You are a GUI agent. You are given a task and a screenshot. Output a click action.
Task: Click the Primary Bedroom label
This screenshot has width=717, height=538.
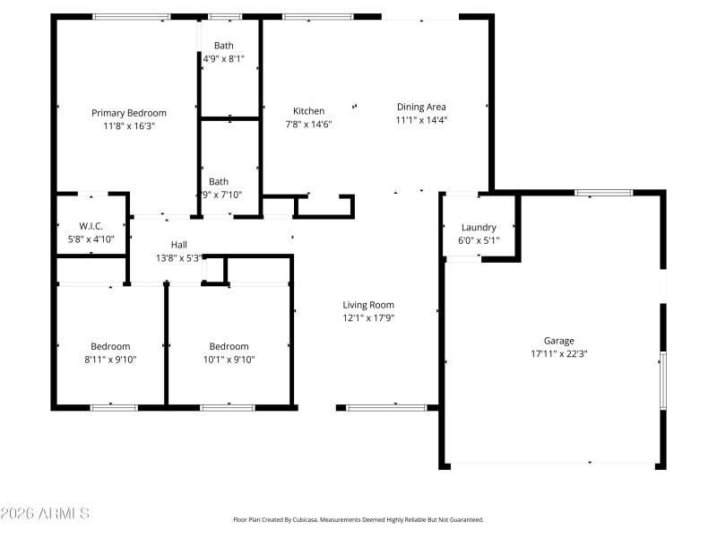pyautogui.click(x=129, y=113)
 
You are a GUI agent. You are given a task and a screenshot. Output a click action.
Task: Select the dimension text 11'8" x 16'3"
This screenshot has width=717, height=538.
pyautogui.click(x=129, y=126)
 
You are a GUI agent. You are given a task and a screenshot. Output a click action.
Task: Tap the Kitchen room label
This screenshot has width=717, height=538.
pyautogui.click(x=309, y=111)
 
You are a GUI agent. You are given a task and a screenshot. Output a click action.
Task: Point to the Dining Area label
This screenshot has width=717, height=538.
pyautogui.click(x=421, y=107)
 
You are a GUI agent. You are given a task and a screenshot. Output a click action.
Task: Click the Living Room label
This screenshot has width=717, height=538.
pyautogui.click(x=368, y=305)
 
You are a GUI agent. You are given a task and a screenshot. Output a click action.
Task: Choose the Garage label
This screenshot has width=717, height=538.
pyautogui.click(x=558, y=341)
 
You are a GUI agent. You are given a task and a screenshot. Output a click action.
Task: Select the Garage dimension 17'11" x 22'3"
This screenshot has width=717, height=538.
pyautogui.click(x=558, y=353)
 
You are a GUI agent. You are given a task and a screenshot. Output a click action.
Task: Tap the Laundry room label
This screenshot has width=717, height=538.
pyautogui.click(x=479, y=228)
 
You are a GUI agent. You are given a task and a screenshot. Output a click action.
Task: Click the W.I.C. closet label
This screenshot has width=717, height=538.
pyautogui.click(x=91, y=227)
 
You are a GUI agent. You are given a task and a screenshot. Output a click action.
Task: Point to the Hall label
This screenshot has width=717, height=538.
pyautogui.click(x=179, y=245)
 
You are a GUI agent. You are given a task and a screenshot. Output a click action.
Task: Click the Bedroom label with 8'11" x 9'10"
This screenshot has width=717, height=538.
pyautogui.click(x=110, y=347)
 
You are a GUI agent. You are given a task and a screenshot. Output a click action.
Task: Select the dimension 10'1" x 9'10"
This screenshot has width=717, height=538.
pyautogui.click(x=229, y=360)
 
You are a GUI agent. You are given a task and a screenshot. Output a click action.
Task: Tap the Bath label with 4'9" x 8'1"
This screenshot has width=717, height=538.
pyautogui.click(x=224, y=46)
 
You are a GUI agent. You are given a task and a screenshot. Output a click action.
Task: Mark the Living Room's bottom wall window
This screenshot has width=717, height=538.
pyautogui.click(x=386, y=408)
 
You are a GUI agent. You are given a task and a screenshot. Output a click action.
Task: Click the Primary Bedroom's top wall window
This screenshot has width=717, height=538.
pyautogui.click(x=132, y=16)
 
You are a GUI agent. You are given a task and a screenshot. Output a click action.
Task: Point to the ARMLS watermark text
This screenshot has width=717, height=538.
pyautogui.click(x=45, y=514)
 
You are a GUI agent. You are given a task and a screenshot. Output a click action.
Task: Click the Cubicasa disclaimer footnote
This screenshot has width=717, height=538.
pyautogui.click(x=358, y=520)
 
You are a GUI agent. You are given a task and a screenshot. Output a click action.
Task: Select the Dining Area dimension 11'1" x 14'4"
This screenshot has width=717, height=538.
pyautogui.click(x=421, y=119)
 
